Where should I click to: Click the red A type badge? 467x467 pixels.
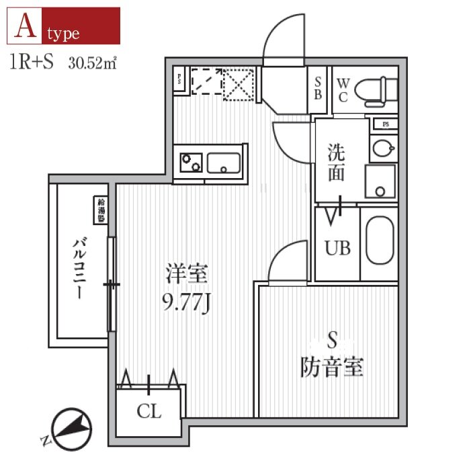point(64,26)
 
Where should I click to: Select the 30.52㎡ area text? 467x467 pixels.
point(93,64)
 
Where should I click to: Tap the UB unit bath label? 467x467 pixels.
point(338,248)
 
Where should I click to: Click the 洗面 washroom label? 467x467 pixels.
point(336,163)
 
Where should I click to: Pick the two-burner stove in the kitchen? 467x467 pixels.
point(190,162)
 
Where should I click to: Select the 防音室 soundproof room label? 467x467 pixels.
point(331,367)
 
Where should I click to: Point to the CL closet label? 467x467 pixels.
point(149,412)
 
